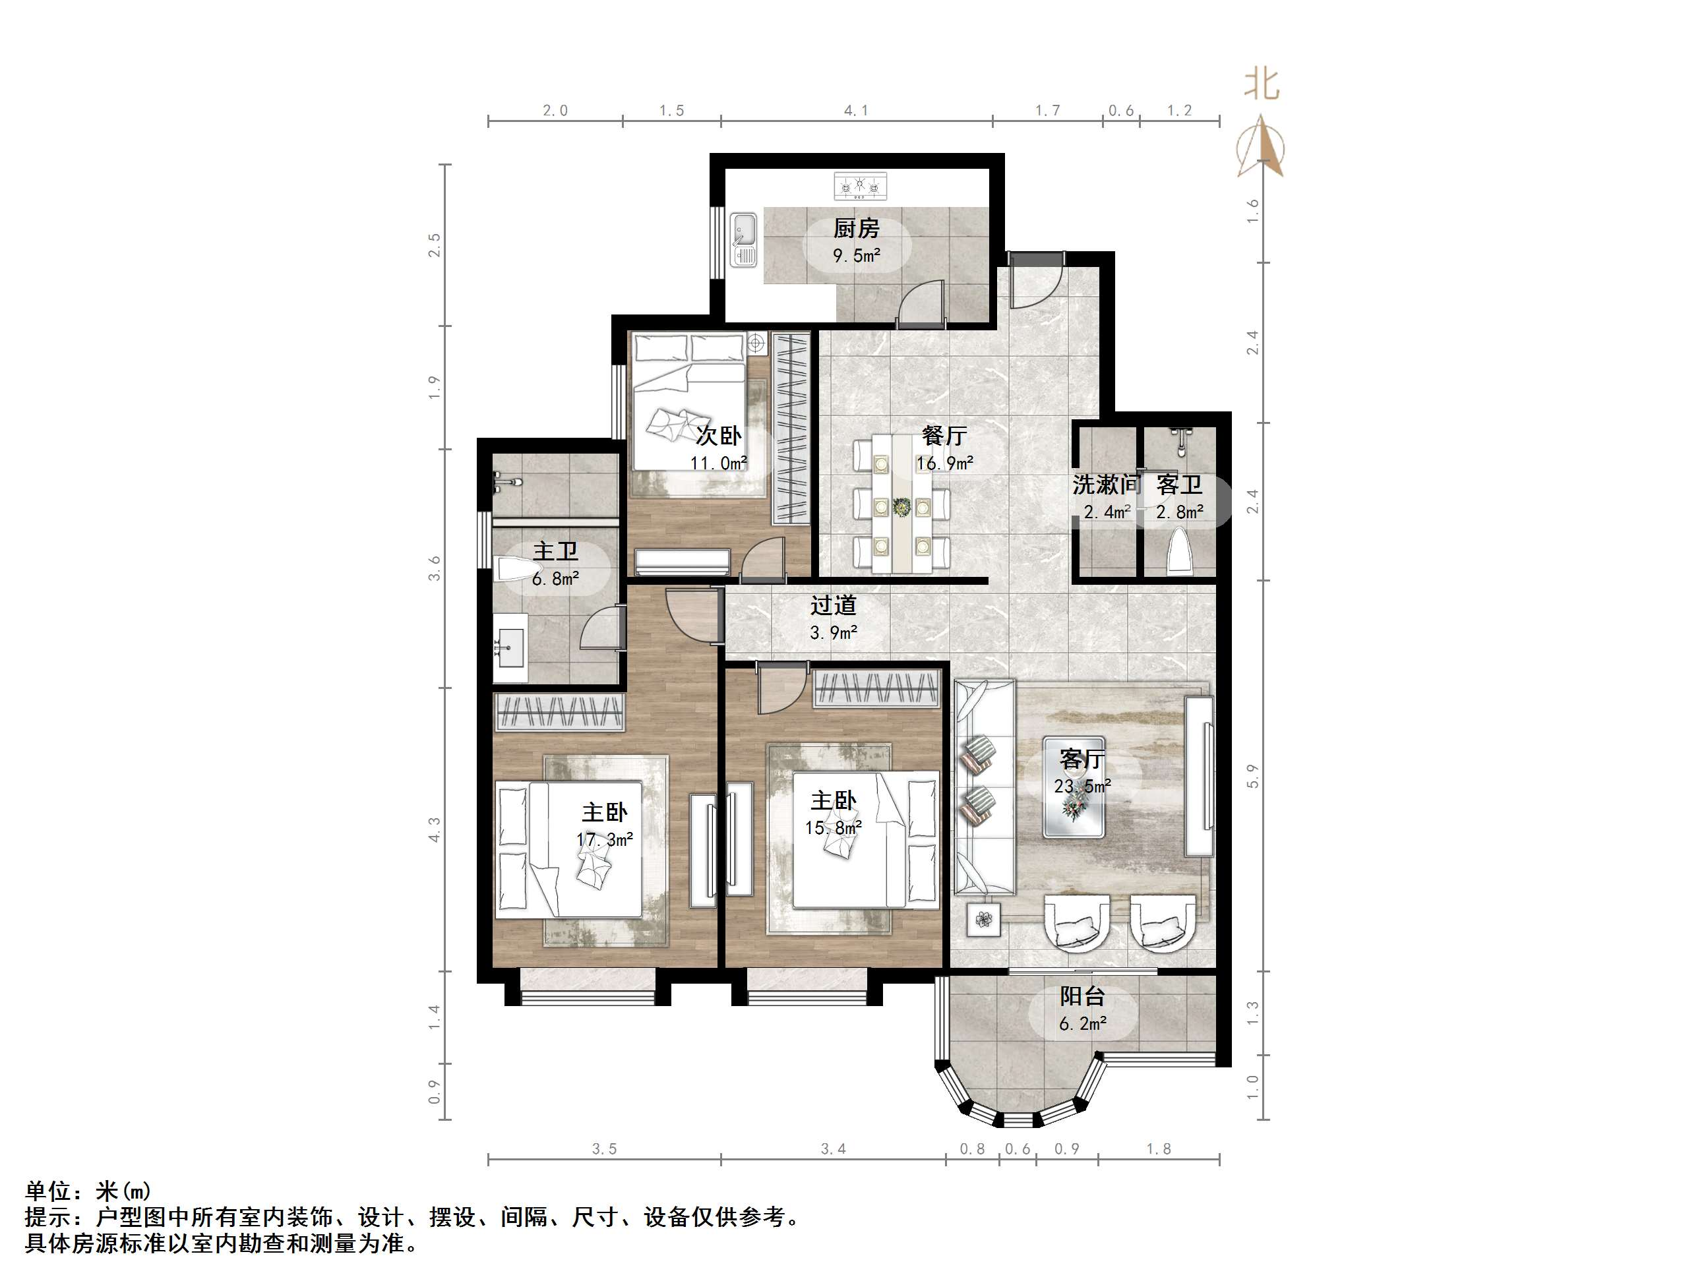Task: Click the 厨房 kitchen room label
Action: click(x=855, y=229)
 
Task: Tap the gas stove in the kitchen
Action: click(x=860, y=187)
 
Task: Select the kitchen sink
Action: click(x=744, y=240)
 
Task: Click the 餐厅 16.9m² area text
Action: click(x=944, y=463)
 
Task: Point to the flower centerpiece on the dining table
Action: click(x=901, y=507)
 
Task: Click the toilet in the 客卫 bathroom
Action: click(x=1180, y=551)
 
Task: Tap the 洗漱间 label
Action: click(x=1105, y=485)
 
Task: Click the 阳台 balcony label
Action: click(x=1082, y=996)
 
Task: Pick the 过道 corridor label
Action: click(x=833, y=605)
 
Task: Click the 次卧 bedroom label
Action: click(x=718, y=436)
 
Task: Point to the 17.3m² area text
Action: click(x=605, y=839)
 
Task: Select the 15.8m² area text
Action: click(x=833, y=828)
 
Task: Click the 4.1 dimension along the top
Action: click(x=855, y=110)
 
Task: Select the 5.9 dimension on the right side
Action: click(x=1252, y=776)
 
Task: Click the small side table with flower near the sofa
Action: click(x=984, y=920)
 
